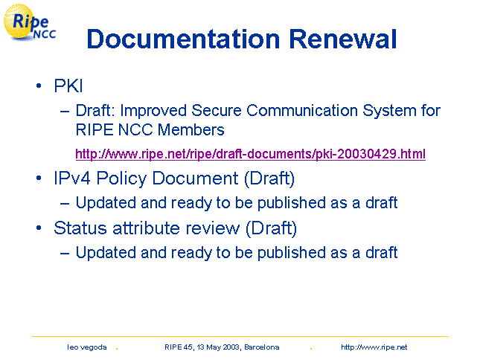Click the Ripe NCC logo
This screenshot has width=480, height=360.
(30, 23)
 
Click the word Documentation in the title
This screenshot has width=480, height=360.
(183, 39)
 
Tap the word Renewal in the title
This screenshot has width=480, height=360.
(343, 39)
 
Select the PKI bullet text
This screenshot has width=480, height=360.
(68, 86)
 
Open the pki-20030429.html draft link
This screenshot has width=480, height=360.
(250, 153)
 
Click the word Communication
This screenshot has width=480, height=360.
(302, 110)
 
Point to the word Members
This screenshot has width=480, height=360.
(191, 129)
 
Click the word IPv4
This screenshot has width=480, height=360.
(72, 178)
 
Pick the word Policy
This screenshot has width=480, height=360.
(122, 179)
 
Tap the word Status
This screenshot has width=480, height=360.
(80, 228)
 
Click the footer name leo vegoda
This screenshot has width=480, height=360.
(87, 347)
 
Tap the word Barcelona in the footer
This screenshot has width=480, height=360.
(262, 347)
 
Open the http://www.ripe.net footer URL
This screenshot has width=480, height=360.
(374, 347)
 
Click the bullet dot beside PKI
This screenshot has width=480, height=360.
(39, 86)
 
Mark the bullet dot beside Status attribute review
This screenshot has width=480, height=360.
(39, 228)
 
